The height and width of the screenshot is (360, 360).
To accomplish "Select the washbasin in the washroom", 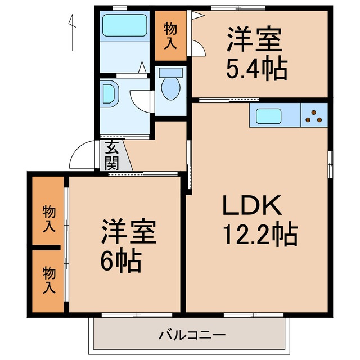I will coord(109,93).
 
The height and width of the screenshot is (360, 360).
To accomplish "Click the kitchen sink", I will coord(271,116).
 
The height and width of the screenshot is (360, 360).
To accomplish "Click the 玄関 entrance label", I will coord(111,156).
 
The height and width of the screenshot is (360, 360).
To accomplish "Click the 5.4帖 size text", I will coord(256,68).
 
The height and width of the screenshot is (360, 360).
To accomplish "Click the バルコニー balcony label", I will coord(191,335).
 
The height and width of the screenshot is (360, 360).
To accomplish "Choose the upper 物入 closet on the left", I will coord(48,218).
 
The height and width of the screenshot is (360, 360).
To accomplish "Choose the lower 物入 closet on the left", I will coord(48,280).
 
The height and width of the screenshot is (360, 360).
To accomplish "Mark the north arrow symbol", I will coord(72,31).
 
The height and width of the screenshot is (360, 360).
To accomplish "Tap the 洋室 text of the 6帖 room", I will coord(129,232).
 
